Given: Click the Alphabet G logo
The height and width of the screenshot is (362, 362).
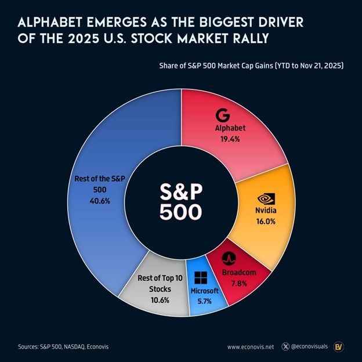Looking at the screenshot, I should (x=222, y=114).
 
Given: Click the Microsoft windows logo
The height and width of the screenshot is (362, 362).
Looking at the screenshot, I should (x=201, y=278).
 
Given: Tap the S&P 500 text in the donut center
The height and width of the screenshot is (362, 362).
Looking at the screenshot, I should (x=181, y=201).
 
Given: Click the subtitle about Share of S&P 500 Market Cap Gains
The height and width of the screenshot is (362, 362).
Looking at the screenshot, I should (x=252, y=66).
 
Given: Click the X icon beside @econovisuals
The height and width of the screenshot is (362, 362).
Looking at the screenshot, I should (x=285, y=347).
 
